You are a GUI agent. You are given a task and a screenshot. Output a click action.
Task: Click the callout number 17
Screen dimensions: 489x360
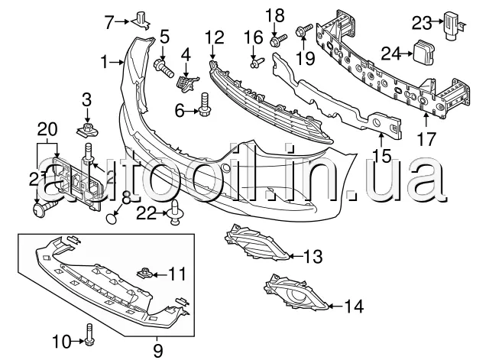426,139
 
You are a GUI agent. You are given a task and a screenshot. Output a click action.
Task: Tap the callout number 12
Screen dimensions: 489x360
215,37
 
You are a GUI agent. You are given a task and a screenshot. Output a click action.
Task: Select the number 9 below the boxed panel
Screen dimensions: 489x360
158,351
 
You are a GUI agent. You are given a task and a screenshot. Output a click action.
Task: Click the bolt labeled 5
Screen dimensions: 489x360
164,67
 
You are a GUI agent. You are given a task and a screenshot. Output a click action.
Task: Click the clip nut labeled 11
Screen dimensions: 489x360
145,274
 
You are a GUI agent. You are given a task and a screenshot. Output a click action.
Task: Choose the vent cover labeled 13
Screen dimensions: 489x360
257,242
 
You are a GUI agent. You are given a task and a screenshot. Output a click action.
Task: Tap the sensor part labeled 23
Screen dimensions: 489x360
453,25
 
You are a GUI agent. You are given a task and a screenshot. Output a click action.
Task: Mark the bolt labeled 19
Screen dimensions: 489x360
304,31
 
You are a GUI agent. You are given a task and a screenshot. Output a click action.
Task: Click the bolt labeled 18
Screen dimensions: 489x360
278,41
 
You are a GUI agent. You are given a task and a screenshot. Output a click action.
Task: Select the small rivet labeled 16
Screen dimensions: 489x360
257,63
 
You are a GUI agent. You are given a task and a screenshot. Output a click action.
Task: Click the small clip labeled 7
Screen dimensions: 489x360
141,19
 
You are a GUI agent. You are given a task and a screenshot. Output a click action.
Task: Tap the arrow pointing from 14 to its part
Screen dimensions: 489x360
336,306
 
